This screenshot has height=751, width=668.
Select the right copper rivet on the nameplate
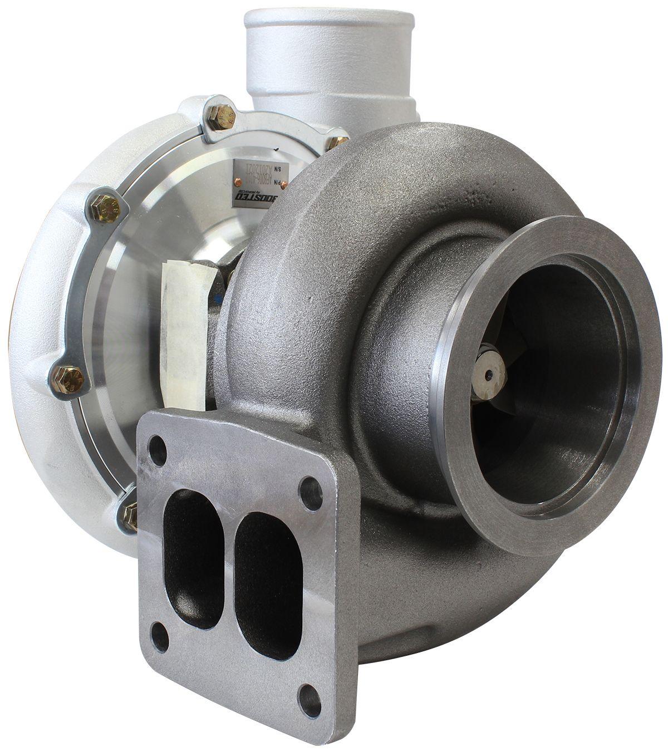click(x=285, y=184)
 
